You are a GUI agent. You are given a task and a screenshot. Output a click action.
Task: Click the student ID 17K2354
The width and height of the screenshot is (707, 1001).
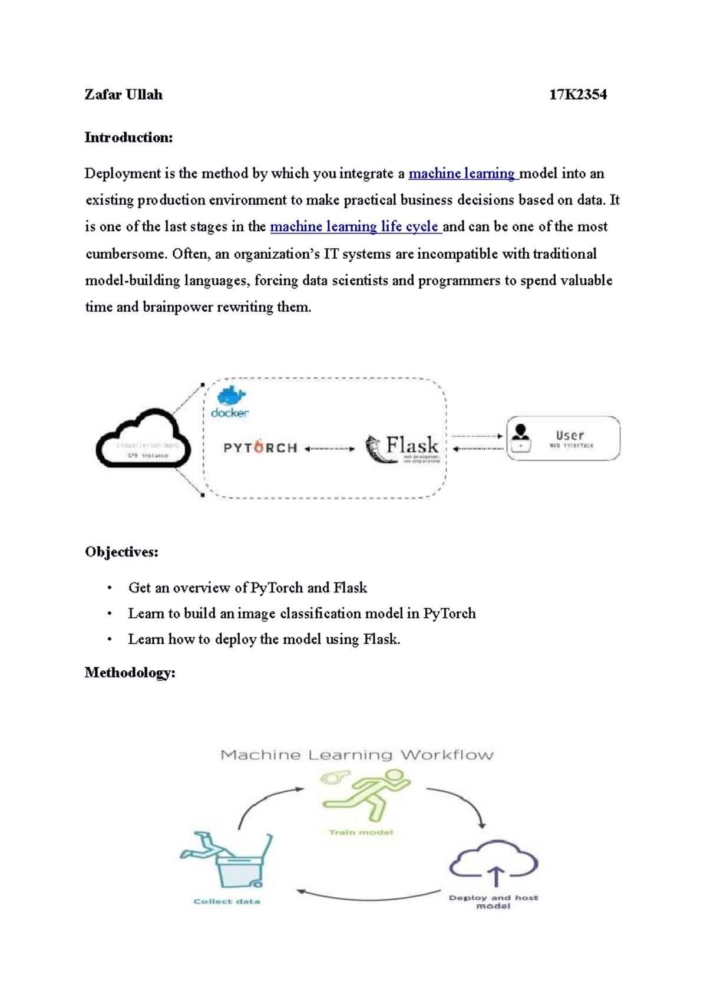coord(577,95)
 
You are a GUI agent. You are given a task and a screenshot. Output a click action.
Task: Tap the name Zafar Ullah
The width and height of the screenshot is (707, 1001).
coord(123,95)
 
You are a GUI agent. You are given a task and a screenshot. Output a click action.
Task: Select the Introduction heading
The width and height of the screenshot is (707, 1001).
coord(128,138)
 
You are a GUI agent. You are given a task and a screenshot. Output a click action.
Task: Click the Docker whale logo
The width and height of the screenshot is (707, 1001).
coord(232,396)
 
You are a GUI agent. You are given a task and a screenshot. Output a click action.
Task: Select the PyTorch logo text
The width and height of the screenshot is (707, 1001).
coord(260,448)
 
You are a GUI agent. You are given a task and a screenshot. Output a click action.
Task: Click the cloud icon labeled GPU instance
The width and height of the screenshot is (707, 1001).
coord(143,439)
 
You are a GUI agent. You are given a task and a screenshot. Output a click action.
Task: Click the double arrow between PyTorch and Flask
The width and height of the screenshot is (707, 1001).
coord(330,449)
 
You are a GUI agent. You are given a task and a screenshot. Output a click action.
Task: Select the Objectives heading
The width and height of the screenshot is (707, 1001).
coord(121,552)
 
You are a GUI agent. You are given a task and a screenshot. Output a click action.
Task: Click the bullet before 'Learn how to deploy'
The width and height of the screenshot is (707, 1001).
coord(109,640)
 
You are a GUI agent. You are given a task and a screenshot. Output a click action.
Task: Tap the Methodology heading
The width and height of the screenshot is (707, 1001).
coord(130,673)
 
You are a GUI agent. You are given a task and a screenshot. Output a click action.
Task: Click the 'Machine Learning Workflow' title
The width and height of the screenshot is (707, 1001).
coord(357,755)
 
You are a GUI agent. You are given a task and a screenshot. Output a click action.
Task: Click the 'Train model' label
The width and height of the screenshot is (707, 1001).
coord(361,832)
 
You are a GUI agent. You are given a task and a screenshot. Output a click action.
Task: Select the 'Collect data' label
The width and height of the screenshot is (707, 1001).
coord(227,901)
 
